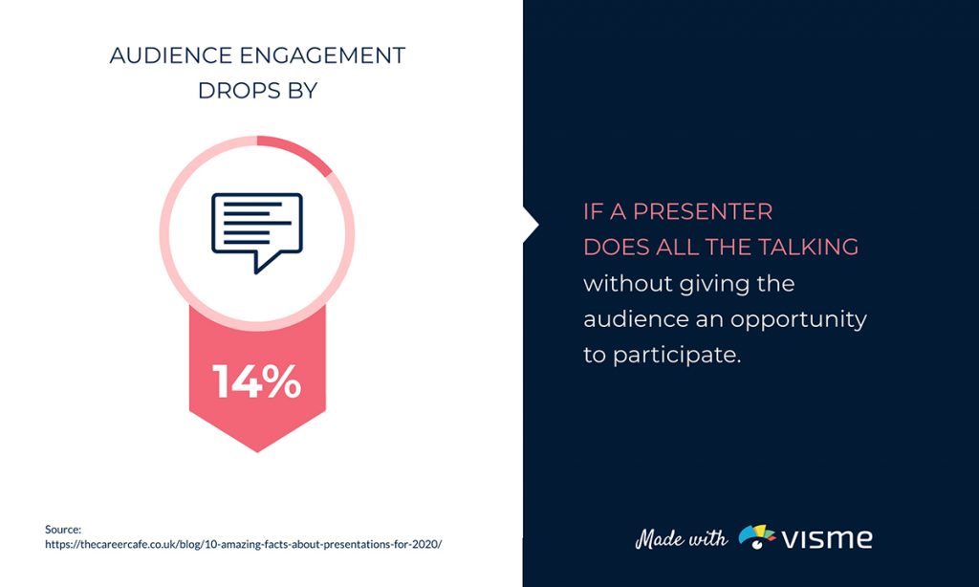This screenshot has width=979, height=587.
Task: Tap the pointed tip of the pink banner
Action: coord(256,447)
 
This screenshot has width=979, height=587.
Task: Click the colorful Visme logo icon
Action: coord(757,537)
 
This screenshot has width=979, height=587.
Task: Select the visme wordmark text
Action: coord(828,537)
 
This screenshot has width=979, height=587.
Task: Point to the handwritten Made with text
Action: coord(682,538)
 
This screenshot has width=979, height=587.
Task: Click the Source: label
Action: coord(64,529)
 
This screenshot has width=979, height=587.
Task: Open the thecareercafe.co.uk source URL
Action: coord(244,544)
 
